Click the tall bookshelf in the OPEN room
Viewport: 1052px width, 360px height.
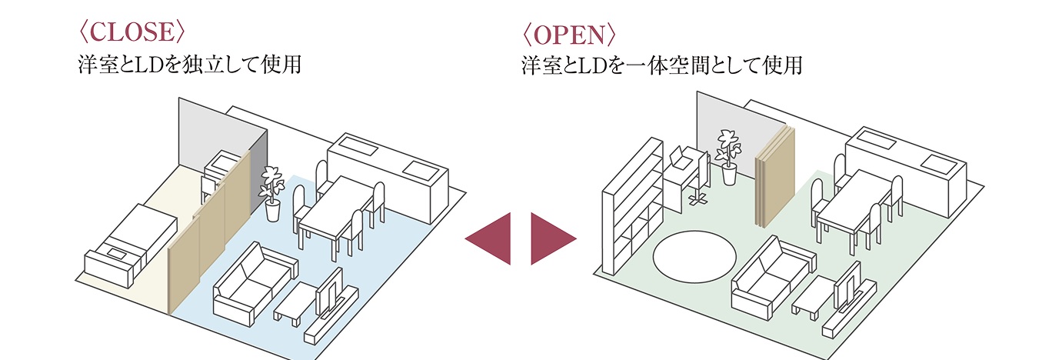click(x=632, y=208)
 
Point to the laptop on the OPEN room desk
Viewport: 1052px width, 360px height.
click(x=681, y=158)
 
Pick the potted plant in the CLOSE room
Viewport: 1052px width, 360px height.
click(x=271, y=192)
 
